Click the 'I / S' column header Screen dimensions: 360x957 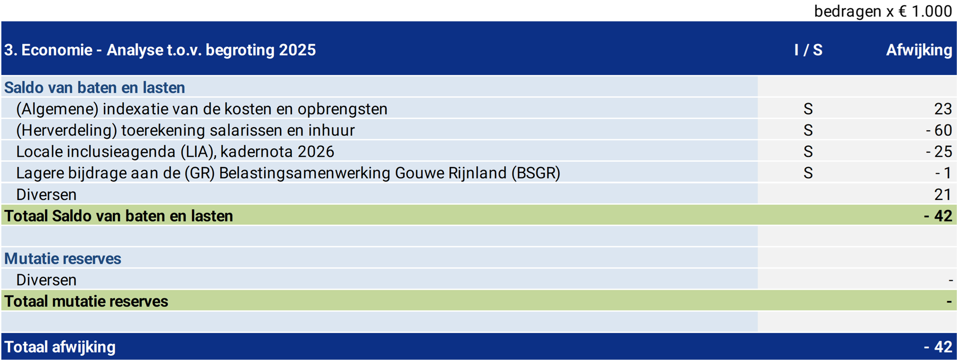[x=808, y=50]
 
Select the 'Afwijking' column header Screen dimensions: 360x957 [x=919, y=50]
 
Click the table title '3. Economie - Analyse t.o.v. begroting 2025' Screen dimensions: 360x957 [x=160, y=50]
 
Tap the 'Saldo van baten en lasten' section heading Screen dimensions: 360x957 [x=95, y=87]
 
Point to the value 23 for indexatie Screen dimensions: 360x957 [x=943, y=109]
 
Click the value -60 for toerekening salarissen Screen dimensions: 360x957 [x=939, y=130]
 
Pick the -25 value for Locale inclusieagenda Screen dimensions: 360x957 [x=939, y=152]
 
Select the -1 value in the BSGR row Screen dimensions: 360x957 [x=943, y=173]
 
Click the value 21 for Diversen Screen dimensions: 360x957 [x=943, y=195]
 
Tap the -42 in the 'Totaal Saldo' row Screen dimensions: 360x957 [x=938, y=216]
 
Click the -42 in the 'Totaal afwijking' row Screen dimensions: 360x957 [x=938, y=347]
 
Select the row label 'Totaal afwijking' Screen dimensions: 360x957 [x=60, y=347]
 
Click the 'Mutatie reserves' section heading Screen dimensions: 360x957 [x=63, y=258]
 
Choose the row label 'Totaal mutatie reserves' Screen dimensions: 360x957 [x=86, y=301]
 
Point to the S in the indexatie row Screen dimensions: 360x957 [x=808, y=109]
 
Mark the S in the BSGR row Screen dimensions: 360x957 [x=808, y=173]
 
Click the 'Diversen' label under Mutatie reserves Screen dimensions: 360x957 [x=46, y=280]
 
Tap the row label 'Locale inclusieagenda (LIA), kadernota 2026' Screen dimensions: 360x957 [x=175, y=152]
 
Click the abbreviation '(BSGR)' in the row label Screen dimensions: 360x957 [x=535, y=173]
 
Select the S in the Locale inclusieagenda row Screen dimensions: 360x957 [x=808, y=152]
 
